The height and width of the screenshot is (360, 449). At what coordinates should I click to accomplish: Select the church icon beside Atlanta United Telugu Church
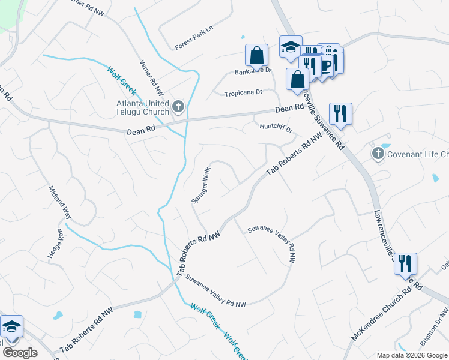[178, 107]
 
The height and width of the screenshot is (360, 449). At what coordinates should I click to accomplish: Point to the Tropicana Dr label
[243, 93]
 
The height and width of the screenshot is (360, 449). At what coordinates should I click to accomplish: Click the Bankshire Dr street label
[253, 70]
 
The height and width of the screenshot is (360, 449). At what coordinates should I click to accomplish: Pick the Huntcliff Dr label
[276, 128]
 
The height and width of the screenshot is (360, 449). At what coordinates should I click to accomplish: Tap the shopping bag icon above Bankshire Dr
[256, 56]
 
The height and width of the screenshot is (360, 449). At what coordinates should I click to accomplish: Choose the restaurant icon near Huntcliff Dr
[340, 112]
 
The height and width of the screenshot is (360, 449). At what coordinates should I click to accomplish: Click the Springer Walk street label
[201, 184]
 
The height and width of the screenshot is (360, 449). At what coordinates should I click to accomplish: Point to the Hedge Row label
[55, 244]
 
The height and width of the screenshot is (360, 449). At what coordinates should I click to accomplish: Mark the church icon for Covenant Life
[378, 154]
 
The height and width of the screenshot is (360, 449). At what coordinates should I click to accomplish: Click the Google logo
[20, 353]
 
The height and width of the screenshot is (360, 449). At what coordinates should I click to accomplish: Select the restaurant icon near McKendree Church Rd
[405, 263]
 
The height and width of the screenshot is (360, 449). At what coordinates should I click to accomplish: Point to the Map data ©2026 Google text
[412, 355]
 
